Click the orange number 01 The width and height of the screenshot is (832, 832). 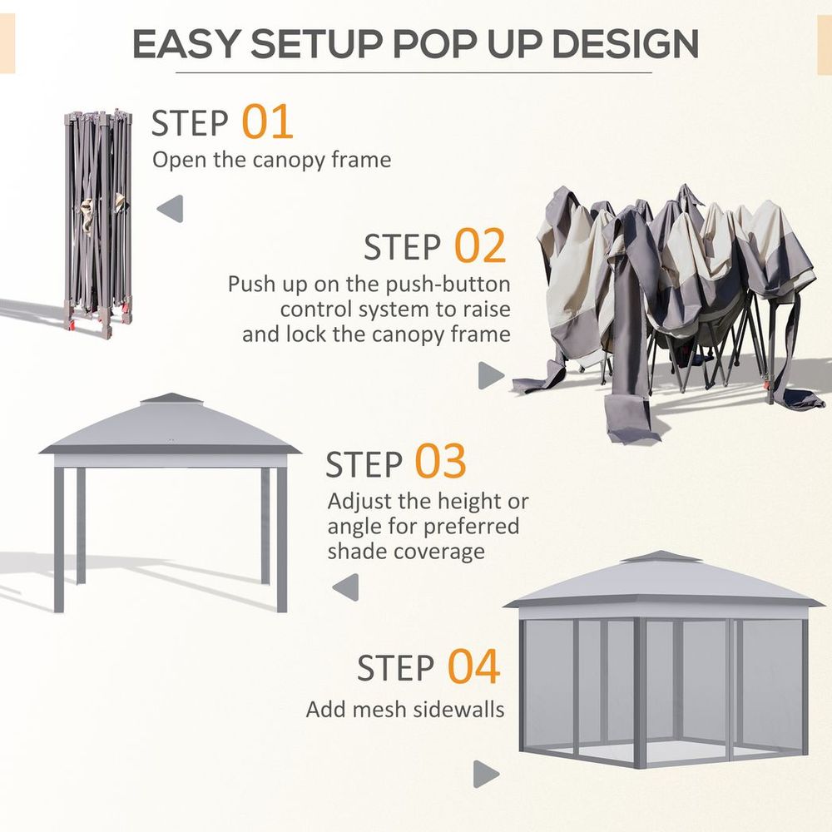268,121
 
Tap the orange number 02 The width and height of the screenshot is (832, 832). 480,246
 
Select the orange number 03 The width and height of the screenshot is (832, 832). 441,463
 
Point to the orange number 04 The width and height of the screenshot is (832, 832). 474,667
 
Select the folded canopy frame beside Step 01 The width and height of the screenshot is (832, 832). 96,220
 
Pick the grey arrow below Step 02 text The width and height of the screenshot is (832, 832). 491,375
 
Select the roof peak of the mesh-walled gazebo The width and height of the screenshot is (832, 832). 662,556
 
